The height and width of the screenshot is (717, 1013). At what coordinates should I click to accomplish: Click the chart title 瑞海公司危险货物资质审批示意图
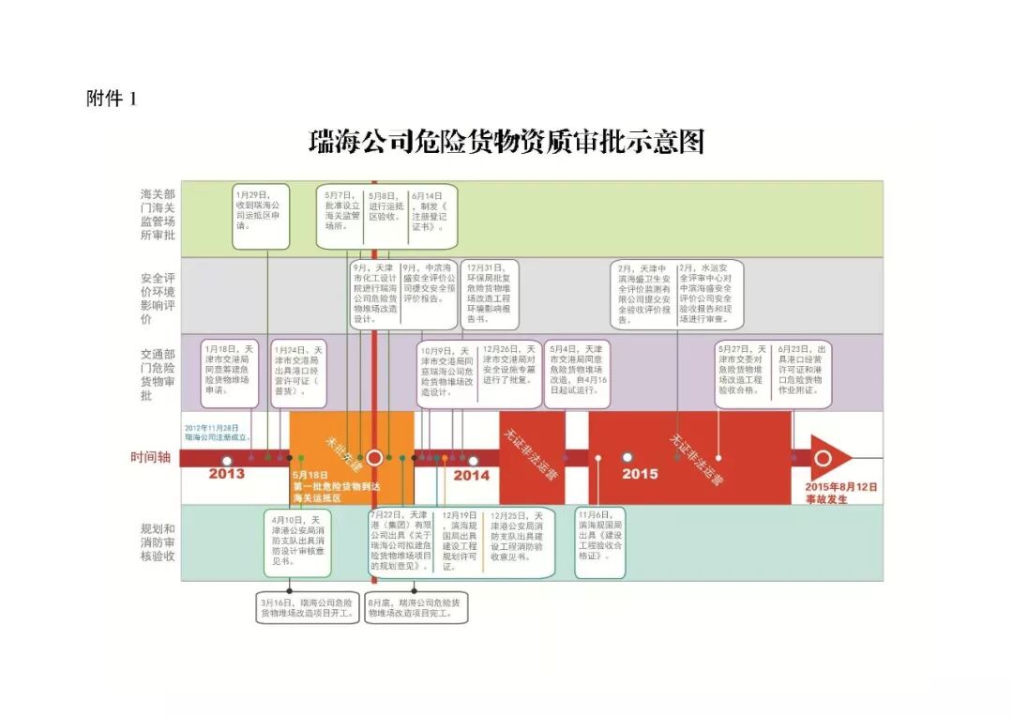click(506, 143)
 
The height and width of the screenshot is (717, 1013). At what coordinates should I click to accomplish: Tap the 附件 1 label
click(112, 99)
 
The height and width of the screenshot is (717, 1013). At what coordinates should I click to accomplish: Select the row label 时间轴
click(150, 457)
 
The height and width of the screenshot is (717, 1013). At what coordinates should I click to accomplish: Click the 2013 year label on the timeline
click(226, 474)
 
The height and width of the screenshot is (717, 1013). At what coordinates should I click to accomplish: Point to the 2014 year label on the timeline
click(472, 475)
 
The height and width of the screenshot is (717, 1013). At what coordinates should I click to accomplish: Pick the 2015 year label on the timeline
click(640, 474)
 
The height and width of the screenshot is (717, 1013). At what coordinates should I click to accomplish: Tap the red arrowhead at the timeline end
click(830, 458)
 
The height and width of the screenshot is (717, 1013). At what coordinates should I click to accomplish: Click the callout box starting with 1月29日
click(261, 216)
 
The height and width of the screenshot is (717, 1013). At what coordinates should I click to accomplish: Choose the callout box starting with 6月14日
click(433, 216)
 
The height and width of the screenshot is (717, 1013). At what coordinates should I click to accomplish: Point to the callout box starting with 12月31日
click(494, 293)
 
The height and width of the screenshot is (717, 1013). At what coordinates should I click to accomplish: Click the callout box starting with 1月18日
click(230, 374)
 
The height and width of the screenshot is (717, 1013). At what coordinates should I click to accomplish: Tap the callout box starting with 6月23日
click(800, 374)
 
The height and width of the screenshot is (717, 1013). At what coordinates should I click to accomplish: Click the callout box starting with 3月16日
click(307, 607)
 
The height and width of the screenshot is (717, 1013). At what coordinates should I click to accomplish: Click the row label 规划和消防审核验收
click(157, 542)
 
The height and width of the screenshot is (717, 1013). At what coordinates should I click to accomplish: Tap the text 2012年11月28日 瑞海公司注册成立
click(218, 432)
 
